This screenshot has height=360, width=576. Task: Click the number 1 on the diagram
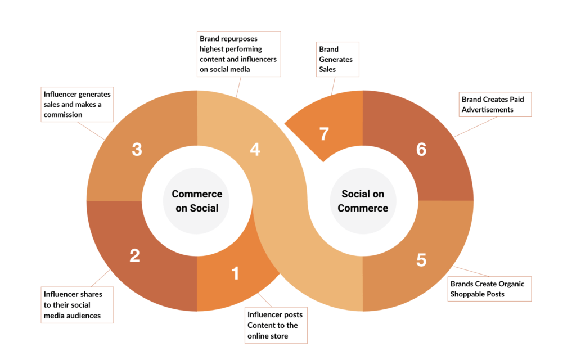pyautogui.click(x=235, y=273)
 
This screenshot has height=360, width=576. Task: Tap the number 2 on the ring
pyautogui.click(x=134, y=256)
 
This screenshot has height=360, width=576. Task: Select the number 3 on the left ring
pyautogui.click(x=137, y=150)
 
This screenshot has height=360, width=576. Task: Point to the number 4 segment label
pyautogui.click(x=255, y=150)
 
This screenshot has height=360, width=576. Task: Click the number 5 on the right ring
pyautogui.click(x=421, y=260)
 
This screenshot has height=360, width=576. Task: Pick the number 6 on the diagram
pyautogui.click(x=421, y=150)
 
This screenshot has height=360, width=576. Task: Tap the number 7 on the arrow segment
pyautogui.click(x=324, y=135)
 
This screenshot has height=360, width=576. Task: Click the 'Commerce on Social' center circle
pyautogui.click(x=197, y=201)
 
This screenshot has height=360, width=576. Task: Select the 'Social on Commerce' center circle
pyautogui.click(x=363, y=201)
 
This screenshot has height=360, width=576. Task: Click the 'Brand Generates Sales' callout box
pyautogui.click(x=337, y=59)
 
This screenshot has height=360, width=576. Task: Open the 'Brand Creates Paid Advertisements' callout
pyautogui.click(x=494, y=105)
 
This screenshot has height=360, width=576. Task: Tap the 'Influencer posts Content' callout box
pyautogui.click(x=276, y=325)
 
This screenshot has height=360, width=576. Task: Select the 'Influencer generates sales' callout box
pyautogui.click(x=77, y=104)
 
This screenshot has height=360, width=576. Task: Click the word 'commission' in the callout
pyautogui.click(x=63, y=115)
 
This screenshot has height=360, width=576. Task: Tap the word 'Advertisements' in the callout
pyautogui.click(x=488, y=110)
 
